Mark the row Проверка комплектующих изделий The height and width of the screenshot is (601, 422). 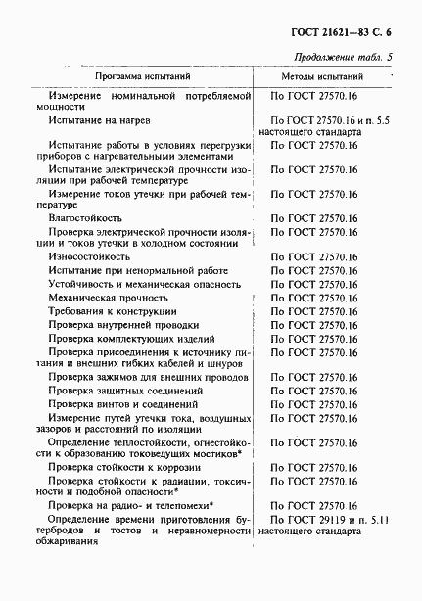[x=133, y=338]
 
